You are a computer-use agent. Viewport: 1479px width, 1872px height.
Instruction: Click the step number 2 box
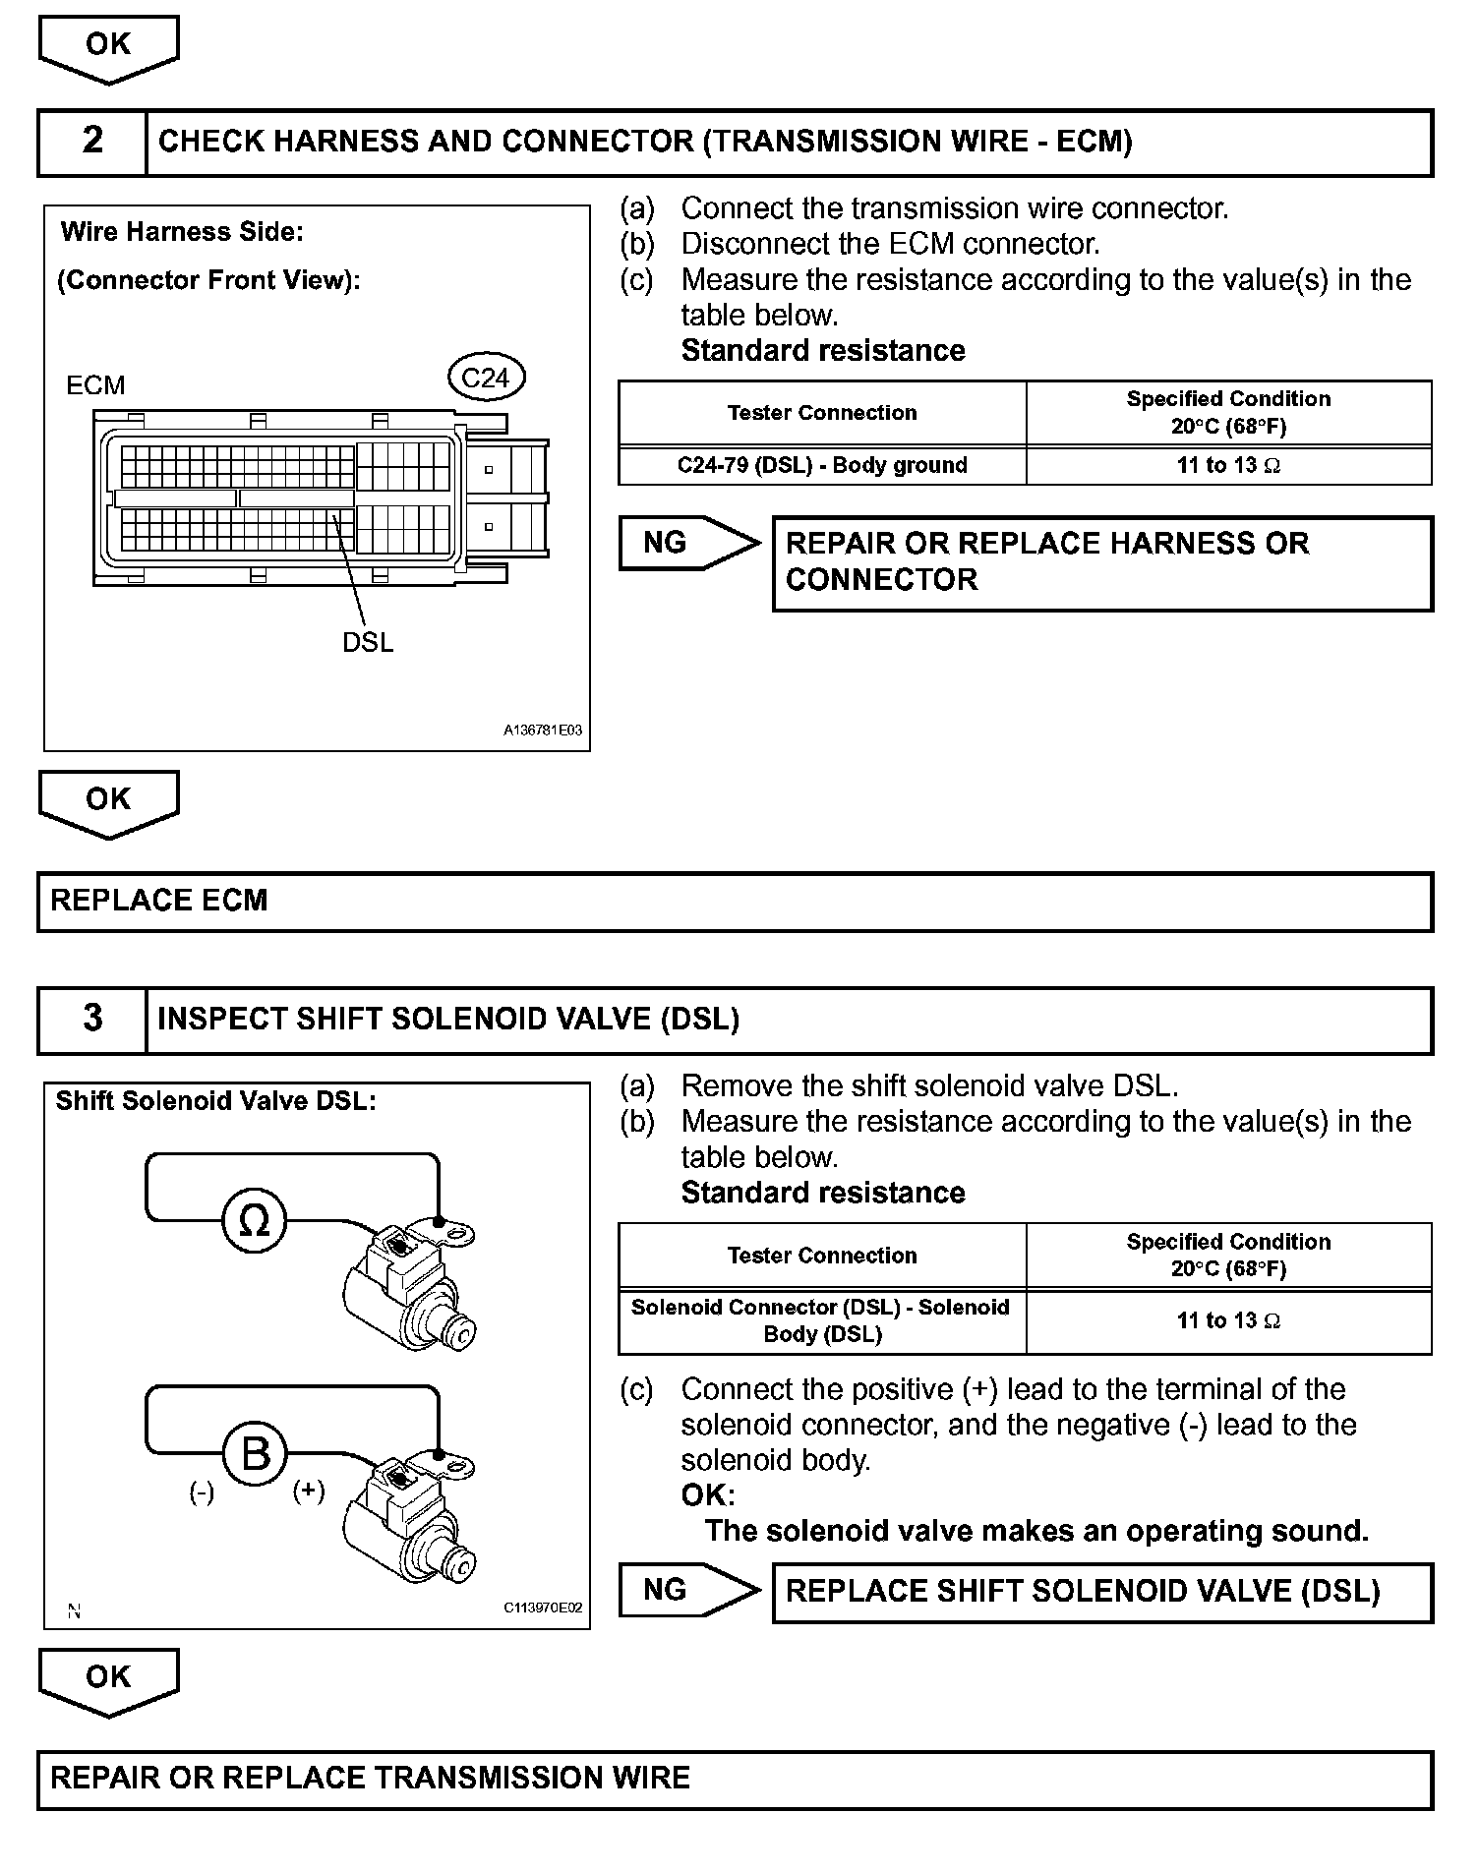92,142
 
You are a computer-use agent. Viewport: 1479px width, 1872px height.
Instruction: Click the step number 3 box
92,1019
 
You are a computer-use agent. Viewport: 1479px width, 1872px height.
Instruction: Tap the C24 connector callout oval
486,379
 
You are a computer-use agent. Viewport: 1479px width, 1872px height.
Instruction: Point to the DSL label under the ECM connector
368,643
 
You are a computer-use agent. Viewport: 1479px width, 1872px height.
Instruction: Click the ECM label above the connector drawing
95,385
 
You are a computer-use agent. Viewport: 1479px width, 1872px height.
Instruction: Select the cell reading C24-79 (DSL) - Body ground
822,466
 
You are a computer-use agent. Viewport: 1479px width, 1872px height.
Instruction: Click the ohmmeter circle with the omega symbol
254,1220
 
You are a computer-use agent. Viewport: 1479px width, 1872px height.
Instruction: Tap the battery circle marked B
255,1453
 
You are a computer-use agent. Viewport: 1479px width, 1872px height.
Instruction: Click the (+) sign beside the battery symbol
309,1491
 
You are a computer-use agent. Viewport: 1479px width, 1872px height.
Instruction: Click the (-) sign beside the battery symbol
202,1492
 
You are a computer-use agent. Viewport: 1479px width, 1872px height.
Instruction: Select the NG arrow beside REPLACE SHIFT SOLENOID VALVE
688,1590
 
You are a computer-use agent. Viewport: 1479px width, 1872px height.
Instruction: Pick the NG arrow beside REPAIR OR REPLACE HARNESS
688,543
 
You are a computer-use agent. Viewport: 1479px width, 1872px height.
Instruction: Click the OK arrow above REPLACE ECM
108,801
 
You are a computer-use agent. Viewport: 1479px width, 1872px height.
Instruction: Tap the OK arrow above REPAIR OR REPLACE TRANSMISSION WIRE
108,1679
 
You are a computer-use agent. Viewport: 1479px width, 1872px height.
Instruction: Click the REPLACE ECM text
159,901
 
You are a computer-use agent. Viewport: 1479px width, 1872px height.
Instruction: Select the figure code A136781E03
543,731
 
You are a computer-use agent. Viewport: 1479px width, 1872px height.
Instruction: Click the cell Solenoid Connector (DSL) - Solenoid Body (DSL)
822,1320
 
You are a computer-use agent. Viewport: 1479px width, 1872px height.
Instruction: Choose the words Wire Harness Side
182,232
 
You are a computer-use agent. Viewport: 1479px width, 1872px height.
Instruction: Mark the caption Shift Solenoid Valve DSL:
216,1101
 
